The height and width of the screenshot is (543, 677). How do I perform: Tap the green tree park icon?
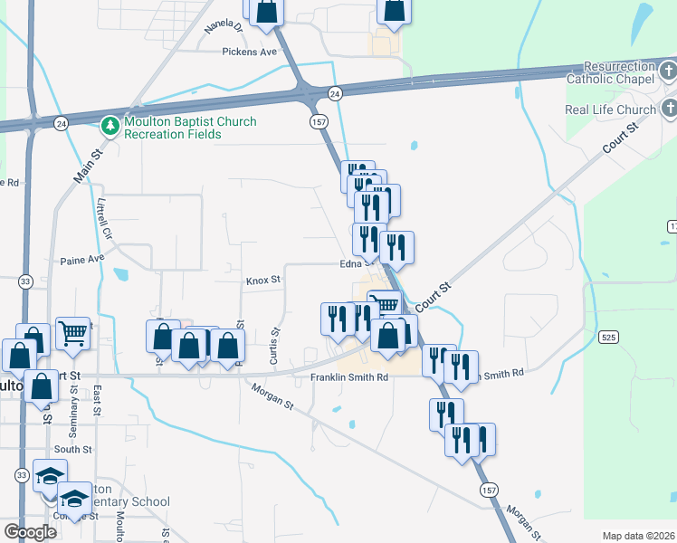(110, 124)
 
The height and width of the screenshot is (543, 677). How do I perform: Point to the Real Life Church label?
(610, 110)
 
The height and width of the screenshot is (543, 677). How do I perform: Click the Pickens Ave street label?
(249, 52)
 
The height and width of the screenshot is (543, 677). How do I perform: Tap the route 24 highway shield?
(335, 93)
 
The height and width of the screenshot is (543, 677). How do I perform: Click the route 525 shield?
(609, 337)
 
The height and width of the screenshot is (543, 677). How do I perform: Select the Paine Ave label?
(82, 260)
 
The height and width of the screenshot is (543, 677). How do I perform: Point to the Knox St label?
(264, 281)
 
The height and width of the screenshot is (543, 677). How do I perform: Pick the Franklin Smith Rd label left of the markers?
(348, 376)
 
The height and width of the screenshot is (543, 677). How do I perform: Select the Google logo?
(30, 532)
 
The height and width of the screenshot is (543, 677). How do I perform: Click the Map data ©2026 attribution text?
(637, 535)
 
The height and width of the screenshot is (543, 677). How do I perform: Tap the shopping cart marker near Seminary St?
(73, 332)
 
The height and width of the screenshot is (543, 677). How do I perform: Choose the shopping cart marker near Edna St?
(386, 305)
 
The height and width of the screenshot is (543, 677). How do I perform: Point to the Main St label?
(84, 168)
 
